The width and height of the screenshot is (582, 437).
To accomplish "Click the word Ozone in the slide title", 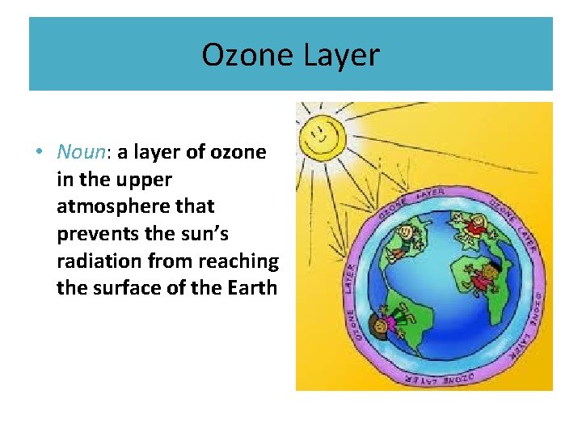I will tap(247, 55).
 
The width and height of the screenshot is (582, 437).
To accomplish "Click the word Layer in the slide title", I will tap(340, 55).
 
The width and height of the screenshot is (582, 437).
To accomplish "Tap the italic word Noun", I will tap(79, 152).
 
